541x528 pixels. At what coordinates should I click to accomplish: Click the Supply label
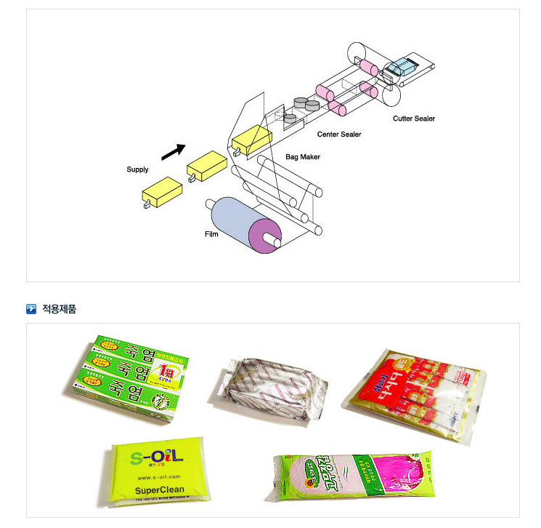[x=137, y=169]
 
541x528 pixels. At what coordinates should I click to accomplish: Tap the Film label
[x=211, y=234]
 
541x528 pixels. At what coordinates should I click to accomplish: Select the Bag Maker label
[x=303, y=156]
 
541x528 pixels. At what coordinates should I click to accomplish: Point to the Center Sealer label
[x=339, y=135]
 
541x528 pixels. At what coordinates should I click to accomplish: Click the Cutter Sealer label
[x=414, y=119]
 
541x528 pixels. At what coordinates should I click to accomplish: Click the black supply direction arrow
[x=173, y=150]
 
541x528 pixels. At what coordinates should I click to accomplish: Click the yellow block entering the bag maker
[x=251, y=140]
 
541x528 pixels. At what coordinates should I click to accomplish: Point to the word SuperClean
[x=160, y=489]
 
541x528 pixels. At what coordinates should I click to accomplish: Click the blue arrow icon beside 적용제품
[x=31, y=309]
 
